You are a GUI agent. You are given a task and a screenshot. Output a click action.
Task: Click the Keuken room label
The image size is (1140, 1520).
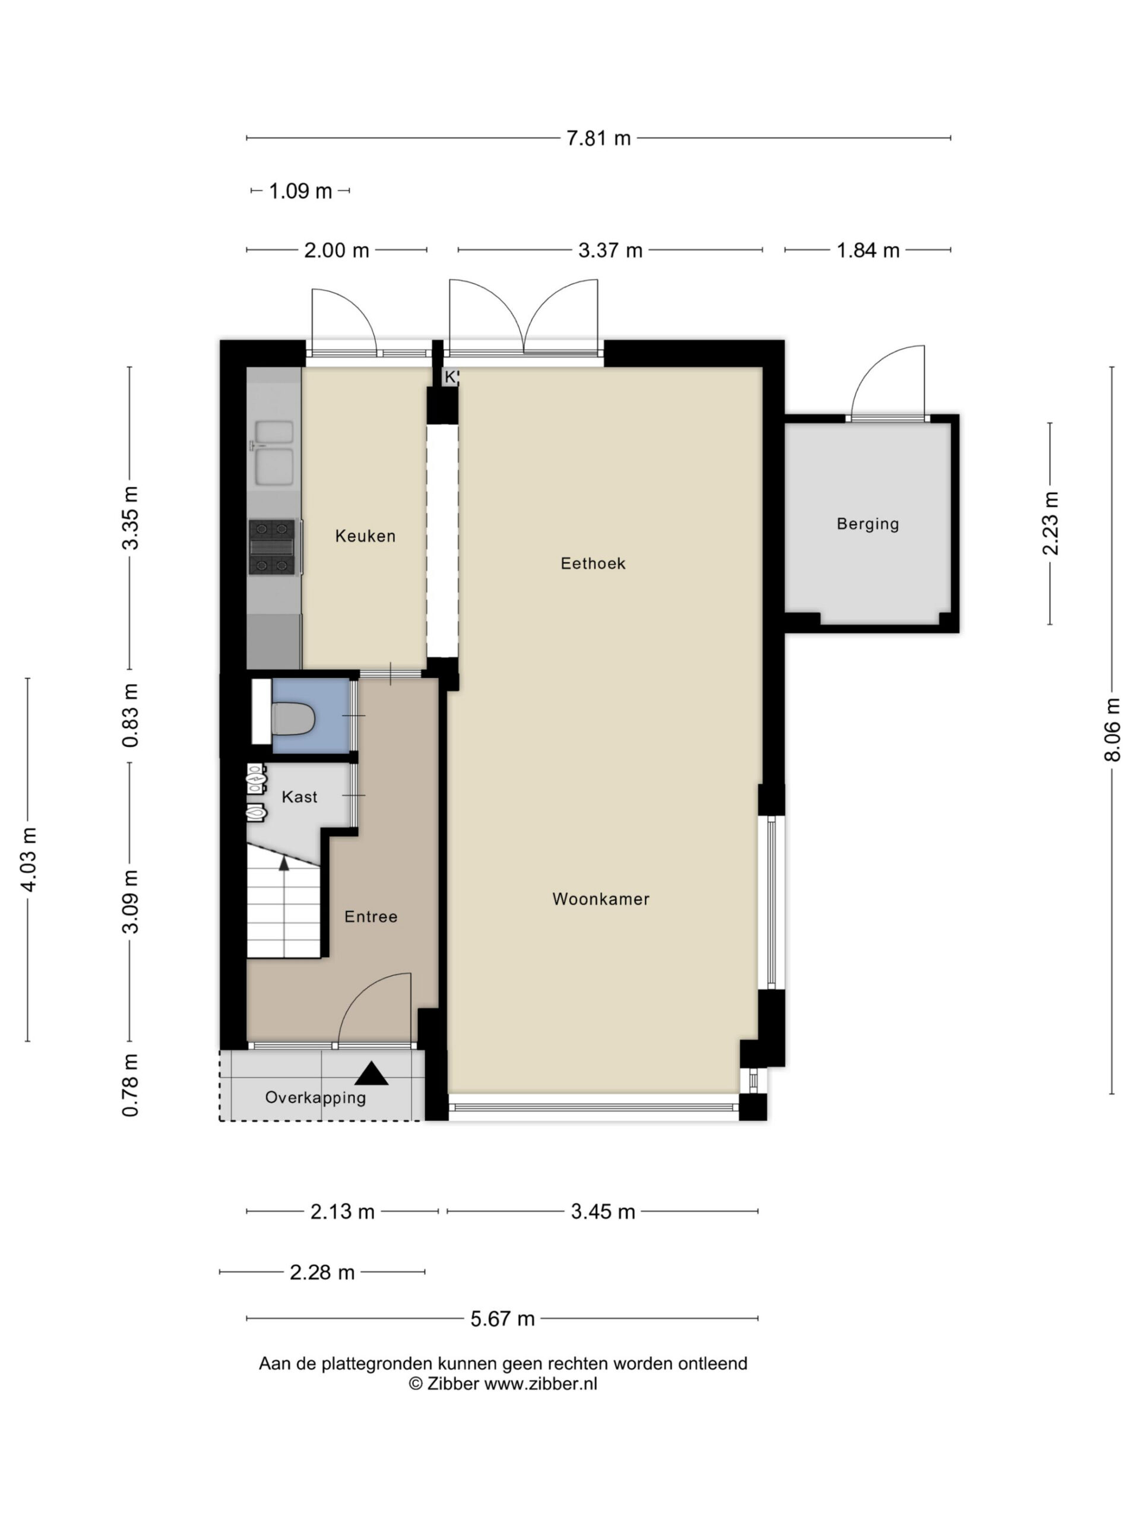[x=365, y=536]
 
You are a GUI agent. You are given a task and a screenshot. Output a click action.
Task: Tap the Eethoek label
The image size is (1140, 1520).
[x=593, y=563]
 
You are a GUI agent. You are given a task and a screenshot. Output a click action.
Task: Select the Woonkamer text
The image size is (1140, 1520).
[x=601, y=899]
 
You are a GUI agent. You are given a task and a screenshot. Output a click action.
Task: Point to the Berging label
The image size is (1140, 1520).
[x=868, y=524]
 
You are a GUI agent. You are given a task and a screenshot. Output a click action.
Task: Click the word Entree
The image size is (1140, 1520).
[x=371, y=916]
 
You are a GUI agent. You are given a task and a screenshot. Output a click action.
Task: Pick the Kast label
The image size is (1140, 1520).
[x=300, y=796]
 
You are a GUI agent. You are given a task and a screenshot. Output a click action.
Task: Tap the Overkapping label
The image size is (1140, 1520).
[x=315, y=1097]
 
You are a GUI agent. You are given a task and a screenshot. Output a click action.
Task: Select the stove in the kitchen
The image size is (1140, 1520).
[x=273, y=547]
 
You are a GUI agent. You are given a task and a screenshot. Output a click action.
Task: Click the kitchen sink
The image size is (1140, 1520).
[x=274, y=453]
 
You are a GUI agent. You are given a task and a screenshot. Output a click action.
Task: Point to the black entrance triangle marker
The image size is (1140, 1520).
[x=372, y=1074]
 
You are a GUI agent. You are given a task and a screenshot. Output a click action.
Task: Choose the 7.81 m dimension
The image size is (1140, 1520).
[x=598, y=138]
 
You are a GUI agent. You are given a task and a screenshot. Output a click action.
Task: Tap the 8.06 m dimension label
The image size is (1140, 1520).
[x=1113, y=729]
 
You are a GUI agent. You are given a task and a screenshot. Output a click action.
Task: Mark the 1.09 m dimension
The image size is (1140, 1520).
[x=300, y=191]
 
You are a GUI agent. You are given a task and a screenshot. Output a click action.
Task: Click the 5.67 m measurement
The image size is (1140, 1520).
[x=502, y=1319]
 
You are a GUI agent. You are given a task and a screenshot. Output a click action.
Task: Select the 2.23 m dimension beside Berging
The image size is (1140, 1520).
[x=1050, y=524]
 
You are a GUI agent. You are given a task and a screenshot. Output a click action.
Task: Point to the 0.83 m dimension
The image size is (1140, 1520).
[x=130, y=715]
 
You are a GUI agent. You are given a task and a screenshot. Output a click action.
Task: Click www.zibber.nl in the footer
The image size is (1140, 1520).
[x=541, y=1384]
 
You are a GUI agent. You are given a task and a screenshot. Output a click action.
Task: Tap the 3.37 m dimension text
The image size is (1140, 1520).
[x=610, y=250]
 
